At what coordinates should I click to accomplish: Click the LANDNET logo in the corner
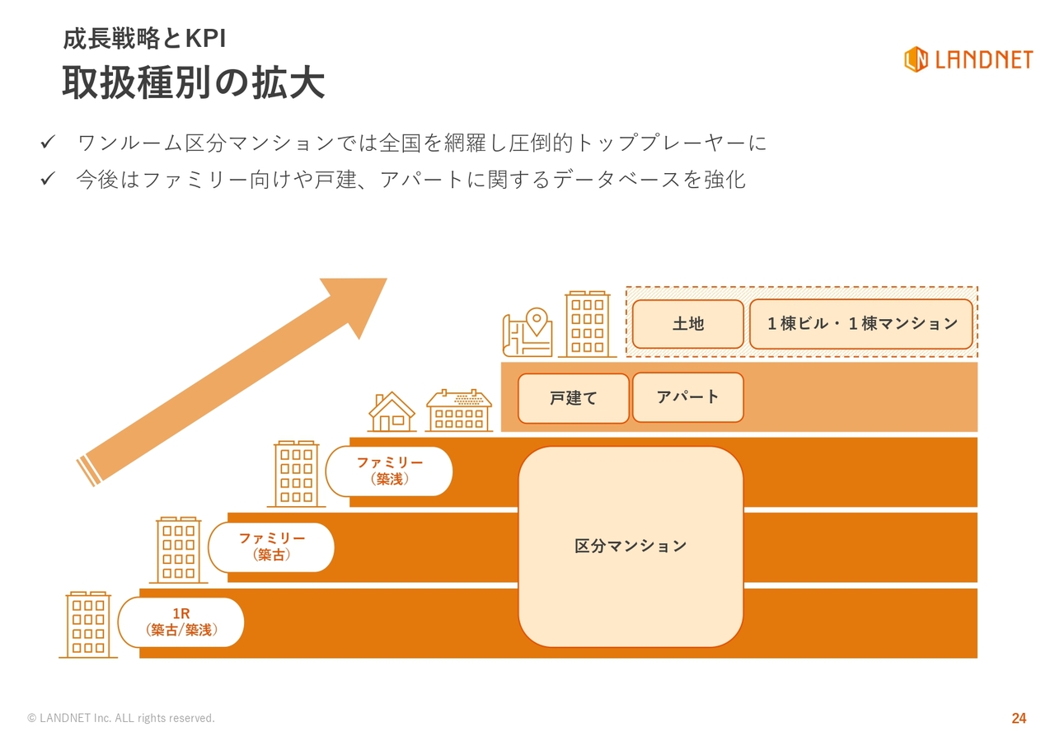coord(968,59)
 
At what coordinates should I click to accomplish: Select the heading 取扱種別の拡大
coord(193,83)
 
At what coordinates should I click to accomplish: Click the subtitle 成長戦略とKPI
coord(144,39)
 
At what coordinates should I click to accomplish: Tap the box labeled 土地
coord(687,324)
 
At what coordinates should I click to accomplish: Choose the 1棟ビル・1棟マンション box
coord(861,324)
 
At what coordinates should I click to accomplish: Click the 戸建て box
coord(573,398)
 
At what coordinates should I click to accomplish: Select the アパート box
coord(687,397)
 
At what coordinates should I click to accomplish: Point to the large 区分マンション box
coord(631,546)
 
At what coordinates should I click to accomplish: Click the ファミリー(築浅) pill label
coord(389,471)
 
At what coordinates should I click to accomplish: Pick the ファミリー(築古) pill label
coord(271,547)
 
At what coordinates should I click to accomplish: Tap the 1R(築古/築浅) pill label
coord(181,622)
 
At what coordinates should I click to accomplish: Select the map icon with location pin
coord(527,332)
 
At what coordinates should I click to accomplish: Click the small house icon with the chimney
coord(392,411)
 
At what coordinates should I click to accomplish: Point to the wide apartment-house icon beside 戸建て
coord(458,411)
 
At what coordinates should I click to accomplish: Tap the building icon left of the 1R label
coord(88,624)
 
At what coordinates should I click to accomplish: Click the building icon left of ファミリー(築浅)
coord(297,473)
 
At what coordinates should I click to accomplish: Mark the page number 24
coord(1019,718)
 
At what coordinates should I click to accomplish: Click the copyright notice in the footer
coord(121,718)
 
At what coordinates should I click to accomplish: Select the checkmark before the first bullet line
coord(48,143)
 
